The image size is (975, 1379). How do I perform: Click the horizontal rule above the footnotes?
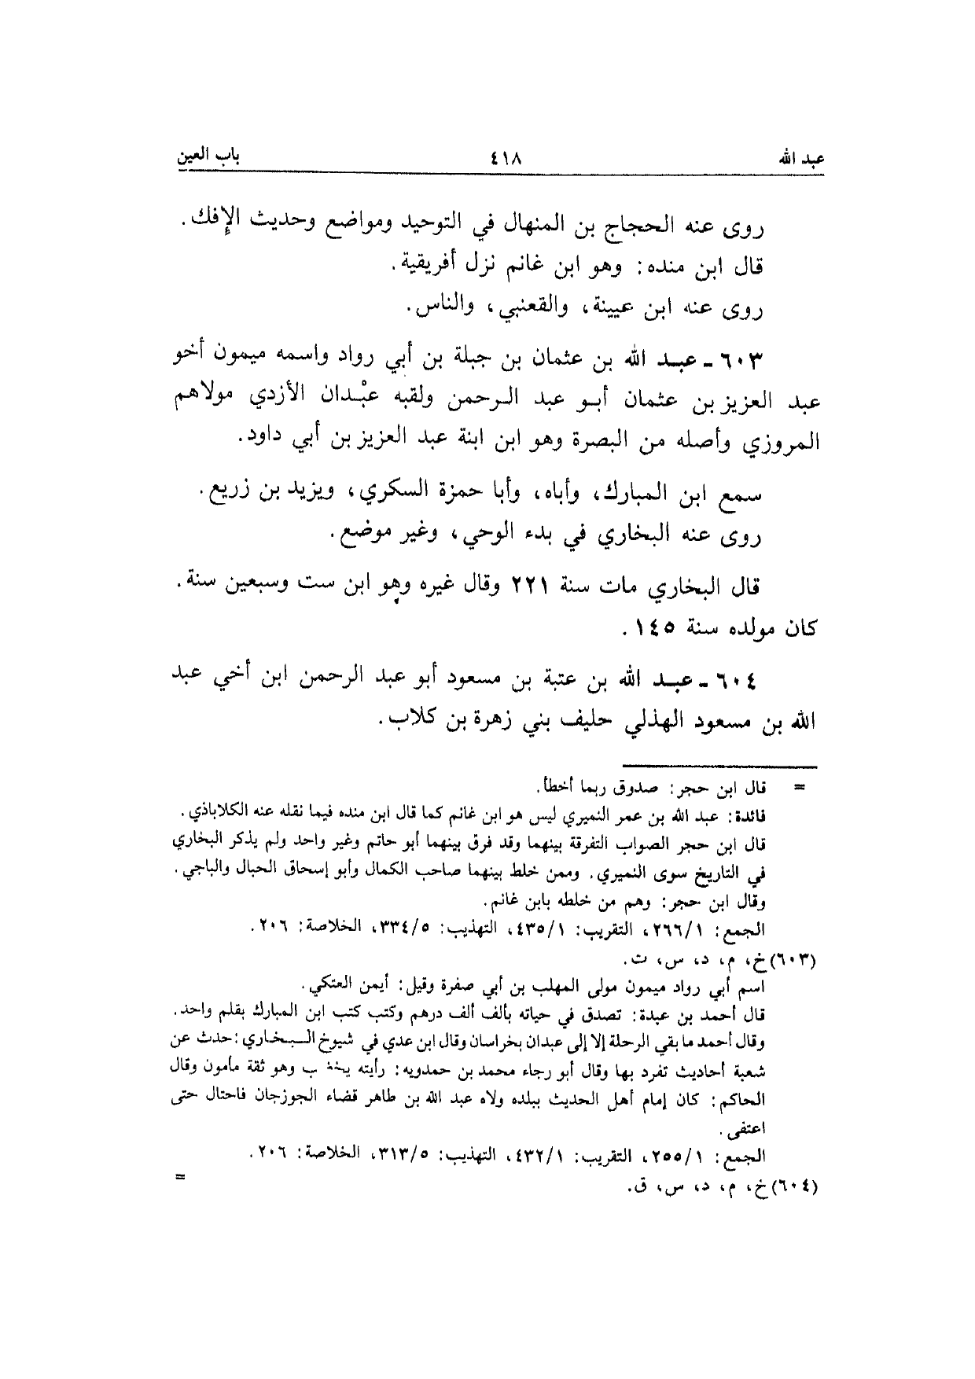coord(719,767)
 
